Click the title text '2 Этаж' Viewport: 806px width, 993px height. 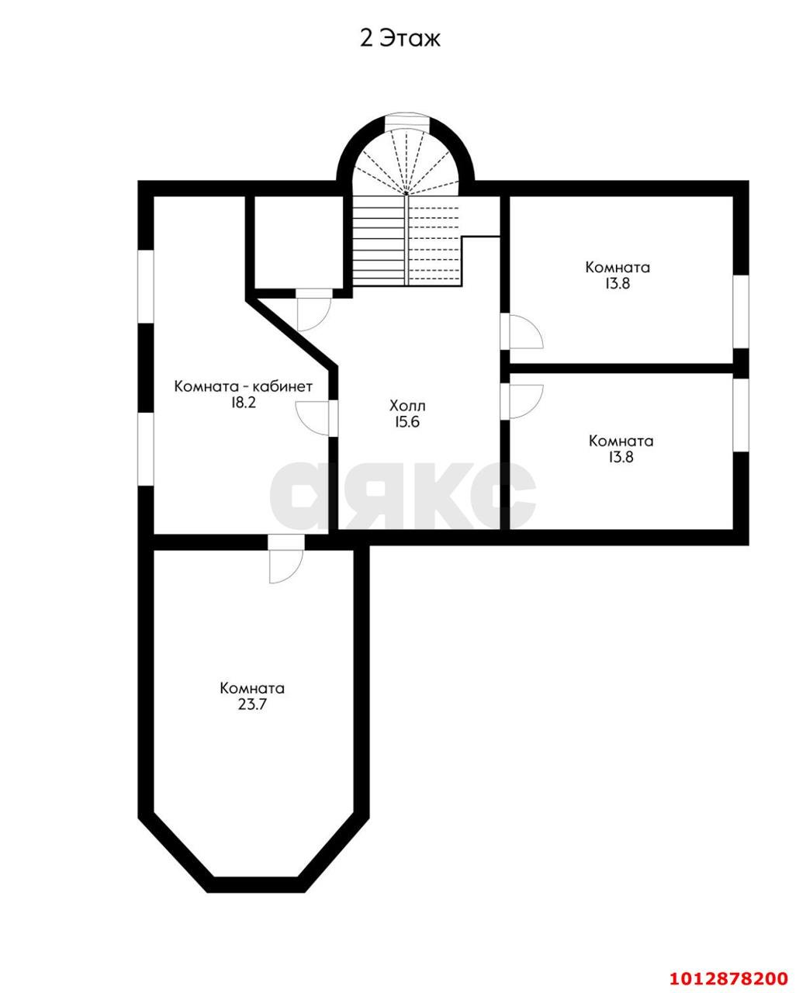click(400, 38)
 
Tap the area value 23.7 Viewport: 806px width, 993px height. click(252, 704)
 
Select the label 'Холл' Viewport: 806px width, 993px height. click(407, 406)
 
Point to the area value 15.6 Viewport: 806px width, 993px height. click(407, 422)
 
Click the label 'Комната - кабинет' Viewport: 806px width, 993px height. click(244, 386)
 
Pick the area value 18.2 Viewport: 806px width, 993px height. click(244, 403)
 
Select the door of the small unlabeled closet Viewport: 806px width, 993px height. click(313, 309)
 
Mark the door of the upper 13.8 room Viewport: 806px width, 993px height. click(522, 331)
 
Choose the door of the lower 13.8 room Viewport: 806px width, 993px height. click(522, 401)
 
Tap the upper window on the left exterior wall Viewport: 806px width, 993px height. click(146, 287)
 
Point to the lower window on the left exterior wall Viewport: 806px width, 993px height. click(146, 449)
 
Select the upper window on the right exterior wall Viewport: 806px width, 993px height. click(741, 311)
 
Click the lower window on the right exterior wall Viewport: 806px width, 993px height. click(741, 415)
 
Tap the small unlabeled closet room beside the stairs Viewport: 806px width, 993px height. click(299, 242)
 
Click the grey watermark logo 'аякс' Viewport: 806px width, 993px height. click(403, 496)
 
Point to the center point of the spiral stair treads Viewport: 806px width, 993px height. click(407, 192)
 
